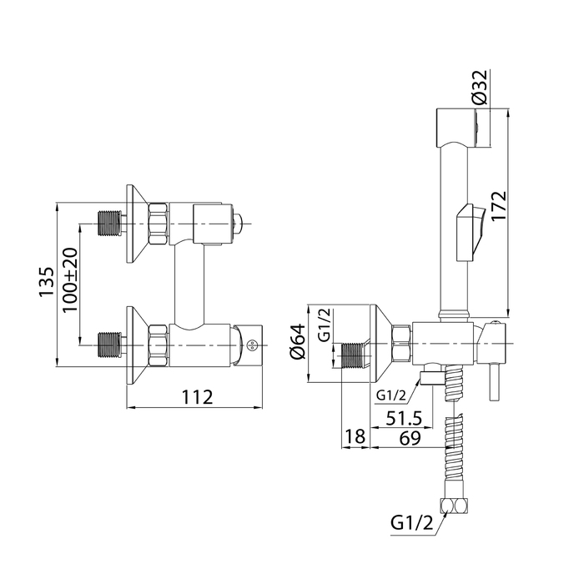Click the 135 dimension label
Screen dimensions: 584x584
(x=48, y=282)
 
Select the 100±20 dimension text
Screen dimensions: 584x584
(x=70, y=280)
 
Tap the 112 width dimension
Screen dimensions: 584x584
(x=198, y=397)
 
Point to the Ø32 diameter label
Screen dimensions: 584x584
(x=479, y=87)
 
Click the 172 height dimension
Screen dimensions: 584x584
(x=499, y=206)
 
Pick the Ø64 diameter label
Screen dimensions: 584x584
(x=298, y=342)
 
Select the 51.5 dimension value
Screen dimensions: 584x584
(x=404, y=418)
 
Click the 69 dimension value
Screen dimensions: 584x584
(x=410, y=438)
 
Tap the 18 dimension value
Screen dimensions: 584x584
(x=355, y=436)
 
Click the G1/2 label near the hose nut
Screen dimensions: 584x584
(x=412, y=523)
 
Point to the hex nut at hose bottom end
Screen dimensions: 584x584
(x=454, y=506)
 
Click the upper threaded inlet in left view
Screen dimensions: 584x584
(x=109, y=223)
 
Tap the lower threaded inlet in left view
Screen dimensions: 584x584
(x=109, y=345)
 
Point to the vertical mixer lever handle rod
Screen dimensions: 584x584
(x=494, y=382)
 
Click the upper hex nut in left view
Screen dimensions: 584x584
(x=159, y=224)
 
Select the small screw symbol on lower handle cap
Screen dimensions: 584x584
(x=252, y=345)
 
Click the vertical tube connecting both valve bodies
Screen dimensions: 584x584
(x=189, y=286)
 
